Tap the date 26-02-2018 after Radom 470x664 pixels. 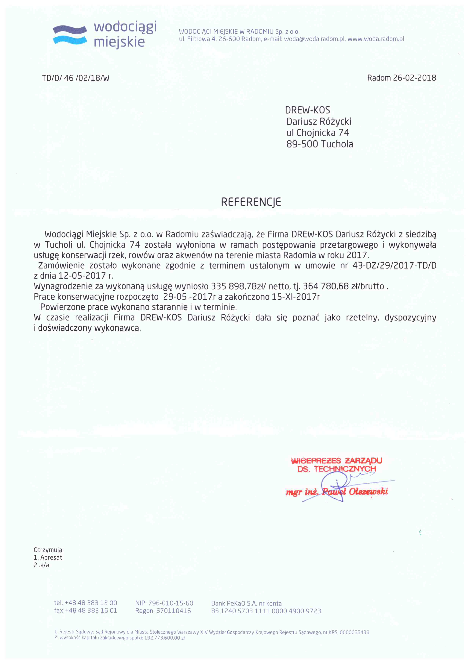[x=414, y=78]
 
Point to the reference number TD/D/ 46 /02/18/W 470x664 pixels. [x=75, y=78]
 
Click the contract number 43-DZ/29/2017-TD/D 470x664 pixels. [x=394, y=265]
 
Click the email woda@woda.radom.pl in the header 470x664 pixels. [x=314, y=39]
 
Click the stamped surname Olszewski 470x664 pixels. [x=368, y=492]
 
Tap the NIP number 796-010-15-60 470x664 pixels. [x=171, y=603]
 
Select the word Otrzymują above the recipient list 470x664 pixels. [x=48, y=550]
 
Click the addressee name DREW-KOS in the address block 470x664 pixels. [x=307, y=110]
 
